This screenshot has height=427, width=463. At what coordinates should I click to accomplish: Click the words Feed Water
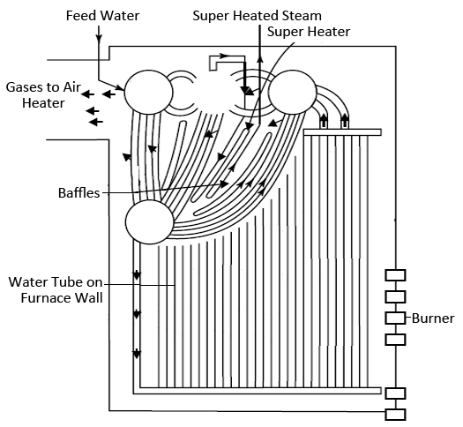coord(103,16)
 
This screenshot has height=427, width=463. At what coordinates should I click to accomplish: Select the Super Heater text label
coord(309,32)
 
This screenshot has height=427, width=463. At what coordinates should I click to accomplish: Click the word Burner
coord(433,318)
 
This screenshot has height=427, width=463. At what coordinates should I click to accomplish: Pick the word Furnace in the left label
coord(49,297)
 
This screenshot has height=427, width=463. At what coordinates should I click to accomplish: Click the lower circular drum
coord(148,221)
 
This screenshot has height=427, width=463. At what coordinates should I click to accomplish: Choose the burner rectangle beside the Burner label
coord(396,318)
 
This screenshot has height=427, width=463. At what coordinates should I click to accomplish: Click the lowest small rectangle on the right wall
coord(396,413)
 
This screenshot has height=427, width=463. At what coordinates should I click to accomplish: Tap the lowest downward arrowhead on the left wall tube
coord(137,354)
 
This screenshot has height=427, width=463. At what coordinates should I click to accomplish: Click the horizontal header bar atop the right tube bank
coord(340,132)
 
